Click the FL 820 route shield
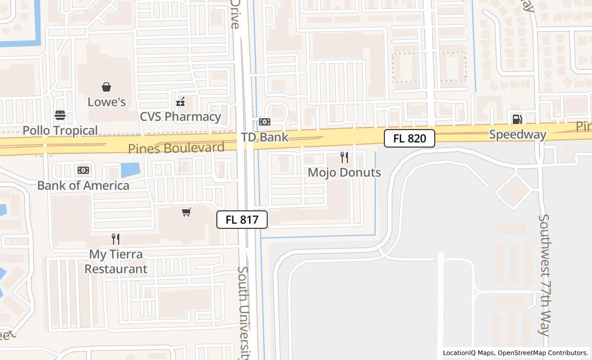click(x=410, y=138)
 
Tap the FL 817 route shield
click(x=242, y=220)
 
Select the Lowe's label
click(x=106, y=102)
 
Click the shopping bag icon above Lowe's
click(x=106, y=87)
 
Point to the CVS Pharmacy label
click(x=180, y=117)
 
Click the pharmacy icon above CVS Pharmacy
click(x=180, y=102)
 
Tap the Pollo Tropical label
click(x=60, y=131)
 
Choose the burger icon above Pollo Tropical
click(x=60, y=115)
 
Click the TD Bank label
click(x=265, y=137)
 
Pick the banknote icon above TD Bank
click(x=265, y=122)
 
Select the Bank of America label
click(x=83, y=186)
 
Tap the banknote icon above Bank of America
click(x=83, y=170)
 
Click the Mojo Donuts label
click(x=344, y=172)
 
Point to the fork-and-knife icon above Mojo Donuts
click(x=344, y=157)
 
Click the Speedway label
click(x=517, y=135)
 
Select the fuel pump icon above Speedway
click(x=517, y=119)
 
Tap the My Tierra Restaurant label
click(x=116, y=261)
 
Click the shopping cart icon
click(x=187, y=212)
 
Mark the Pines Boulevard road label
click(x=176, y=148)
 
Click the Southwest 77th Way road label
click(x=544, y=275)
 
